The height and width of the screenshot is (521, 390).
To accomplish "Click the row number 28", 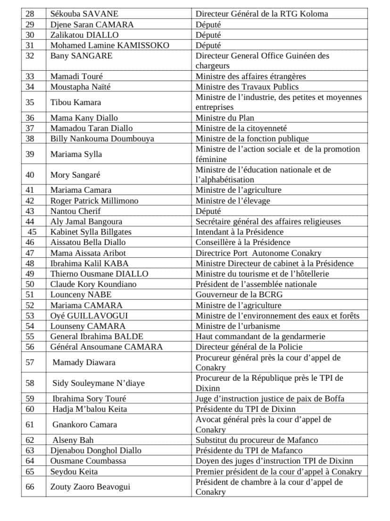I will coord(30,14).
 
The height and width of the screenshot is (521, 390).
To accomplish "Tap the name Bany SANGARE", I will coord(81,56).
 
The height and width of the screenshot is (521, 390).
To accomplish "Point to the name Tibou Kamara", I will coord(75,102).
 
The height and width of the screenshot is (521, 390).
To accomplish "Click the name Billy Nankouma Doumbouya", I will coord(102,138).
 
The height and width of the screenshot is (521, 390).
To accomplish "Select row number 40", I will coord(30,175).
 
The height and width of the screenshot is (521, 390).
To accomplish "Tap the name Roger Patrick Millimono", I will coord(94,201).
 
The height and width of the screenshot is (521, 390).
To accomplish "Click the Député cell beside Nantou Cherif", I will coord(208,211).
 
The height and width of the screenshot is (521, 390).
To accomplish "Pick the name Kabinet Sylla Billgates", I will coord(91,232).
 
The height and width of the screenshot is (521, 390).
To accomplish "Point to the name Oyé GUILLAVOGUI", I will coord(89,316).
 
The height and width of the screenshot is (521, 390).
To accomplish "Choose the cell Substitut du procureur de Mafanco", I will coord(257,440).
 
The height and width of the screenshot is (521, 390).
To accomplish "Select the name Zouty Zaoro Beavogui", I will coord(90,487).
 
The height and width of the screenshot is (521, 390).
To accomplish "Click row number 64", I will coord(30,461).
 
